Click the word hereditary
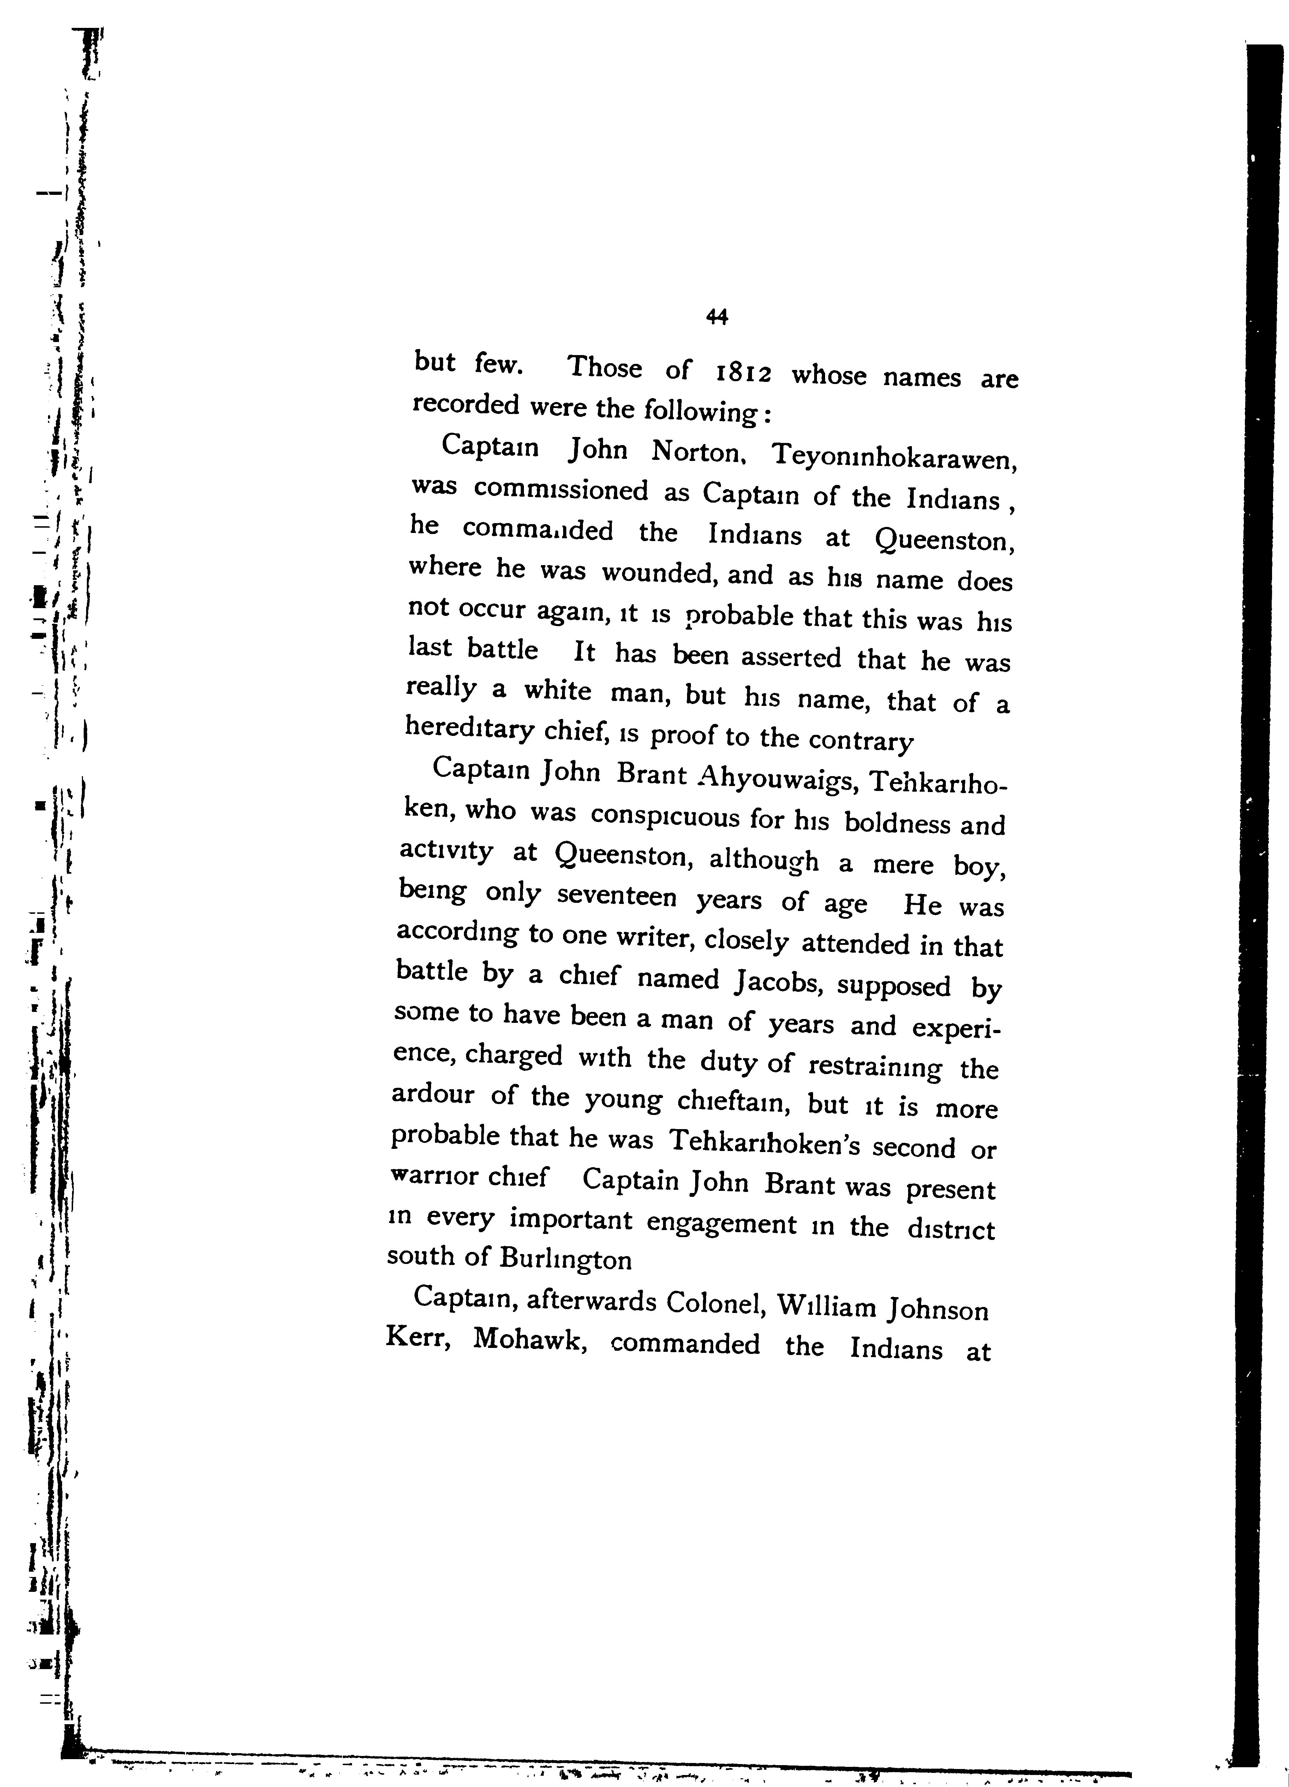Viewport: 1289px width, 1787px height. pos(470,730)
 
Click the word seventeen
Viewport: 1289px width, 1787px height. pos(616,897)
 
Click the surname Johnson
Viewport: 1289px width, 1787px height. pos(937,1309)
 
